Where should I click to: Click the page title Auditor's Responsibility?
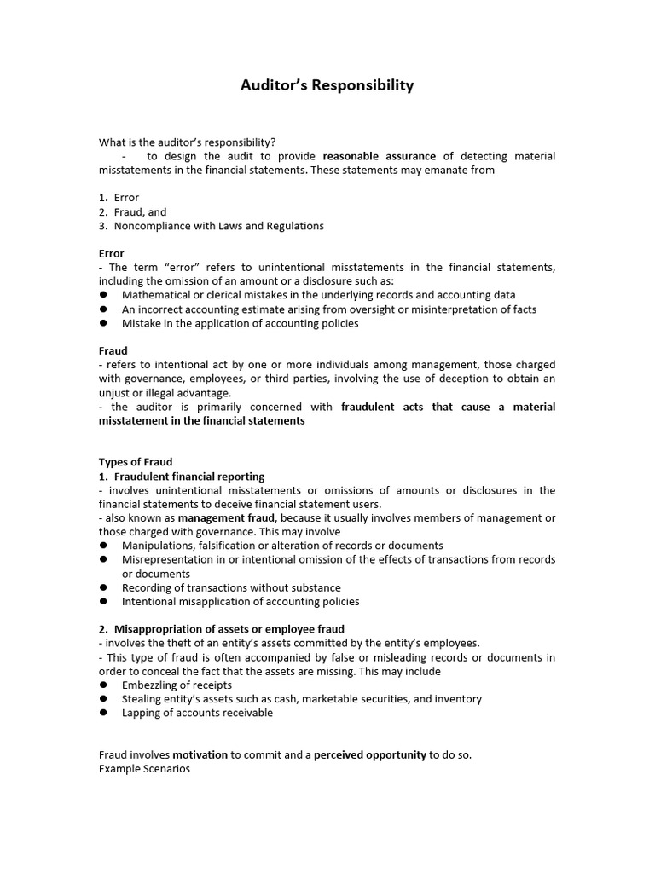point(327,85)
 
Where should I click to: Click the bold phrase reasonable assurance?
point(380,156)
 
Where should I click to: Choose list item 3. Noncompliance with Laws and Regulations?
point(211,226)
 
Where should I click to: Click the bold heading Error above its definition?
point(112,253)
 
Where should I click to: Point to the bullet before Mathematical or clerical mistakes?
point(103,295)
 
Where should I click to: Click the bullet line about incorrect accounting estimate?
point(329,309)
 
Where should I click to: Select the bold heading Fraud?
point(113,350)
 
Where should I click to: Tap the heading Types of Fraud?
point(136,462)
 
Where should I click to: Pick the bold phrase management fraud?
point(226,517)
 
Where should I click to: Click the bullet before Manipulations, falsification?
point(103,546)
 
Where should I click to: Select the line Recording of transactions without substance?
point(231,587)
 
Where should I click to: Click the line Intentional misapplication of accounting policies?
point(241,601)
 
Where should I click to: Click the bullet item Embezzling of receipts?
point(177,685)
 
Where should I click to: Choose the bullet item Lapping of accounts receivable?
point(197,713)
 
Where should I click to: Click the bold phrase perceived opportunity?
point(370,754)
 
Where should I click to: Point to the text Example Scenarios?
point(145,768)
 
